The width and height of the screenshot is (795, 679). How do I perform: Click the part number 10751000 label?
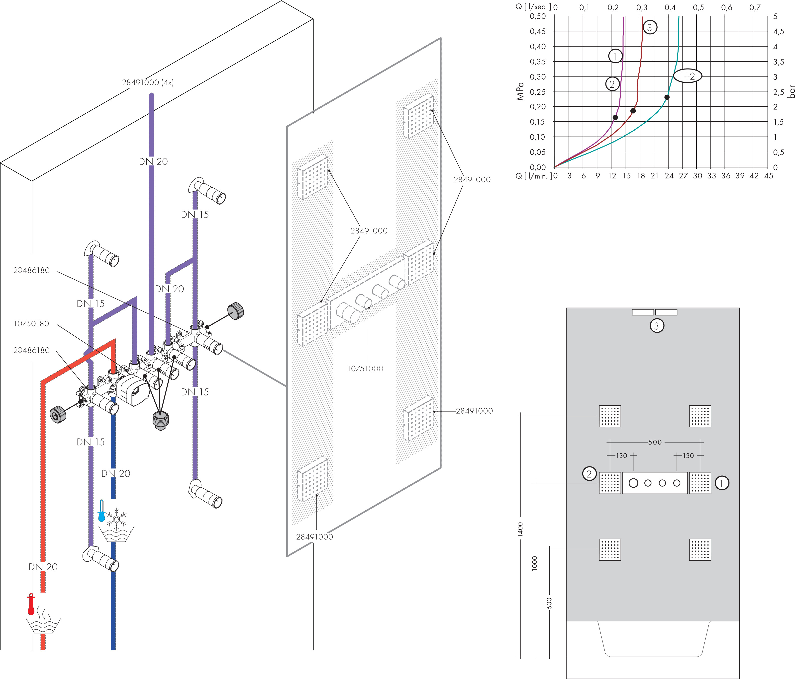pos(365,369)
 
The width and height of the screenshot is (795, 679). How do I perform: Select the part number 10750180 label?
pos(31,324)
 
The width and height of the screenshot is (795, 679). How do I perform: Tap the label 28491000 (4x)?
pos(148,82)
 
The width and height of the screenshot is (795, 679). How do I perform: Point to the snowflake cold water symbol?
pos(116,518)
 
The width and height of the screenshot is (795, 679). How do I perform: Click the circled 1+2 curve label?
pos(688,76)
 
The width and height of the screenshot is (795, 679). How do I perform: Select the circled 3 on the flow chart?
pos(650,27)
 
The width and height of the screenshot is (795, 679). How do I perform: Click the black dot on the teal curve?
pos(667,97)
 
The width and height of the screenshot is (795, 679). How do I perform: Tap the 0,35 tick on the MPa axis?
pos(538,61)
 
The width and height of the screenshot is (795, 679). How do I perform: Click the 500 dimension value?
pos(655,442)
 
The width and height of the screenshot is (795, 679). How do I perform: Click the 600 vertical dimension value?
pos(549,603)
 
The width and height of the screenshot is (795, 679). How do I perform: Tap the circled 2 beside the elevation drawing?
pos(589,474)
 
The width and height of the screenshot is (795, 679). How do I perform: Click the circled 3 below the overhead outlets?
pos(657,326)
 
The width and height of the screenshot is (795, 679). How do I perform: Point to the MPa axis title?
pos(520,91)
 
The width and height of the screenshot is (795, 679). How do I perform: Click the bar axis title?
pos(791,92)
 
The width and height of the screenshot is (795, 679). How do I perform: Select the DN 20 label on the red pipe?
pos(43,567)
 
